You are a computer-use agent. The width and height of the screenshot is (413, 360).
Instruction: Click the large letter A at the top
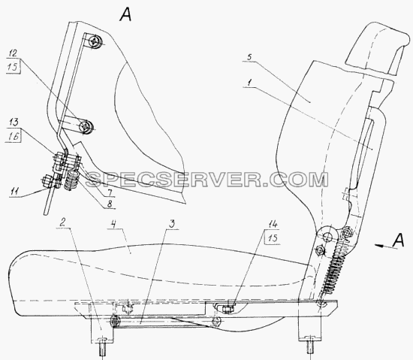[x=125, y=14]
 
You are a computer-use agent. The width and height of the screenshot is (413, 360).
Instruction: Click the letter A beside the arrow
[x=398, y=240]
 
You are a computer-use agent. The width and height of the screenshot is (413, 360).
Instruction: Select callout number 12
[x=13, y=54]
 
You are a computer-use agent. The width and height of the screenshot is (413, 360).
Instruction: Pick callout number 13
[x=14, y=123]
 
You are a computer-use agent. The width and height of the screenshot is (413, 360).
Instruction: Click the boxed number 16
[x=13, y=136]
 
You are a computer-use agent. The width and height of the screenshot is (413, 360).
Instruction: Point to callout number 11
[x=15, y=192]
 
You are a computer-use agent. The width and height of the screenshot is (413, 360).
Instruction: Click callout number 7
[x=110, y=192]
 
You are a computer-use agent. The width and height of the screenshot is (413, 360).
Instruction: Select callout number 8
[x=110, y=203]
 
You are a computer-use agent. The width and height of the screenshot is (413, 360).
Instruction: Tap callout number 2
[x=62, y=223]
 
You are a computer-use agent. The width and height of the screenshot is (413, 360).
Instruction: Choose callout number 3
[x=171, y=224]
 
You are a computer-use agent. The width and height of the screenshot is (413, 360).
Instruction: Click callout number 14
[x=273, y=224]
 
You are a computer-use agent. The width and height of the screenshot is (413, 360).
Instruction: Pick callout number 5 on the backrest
[x=250, y=56]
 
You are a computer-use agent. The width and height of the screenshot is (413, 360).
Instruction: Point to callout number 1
[x=249, y=83]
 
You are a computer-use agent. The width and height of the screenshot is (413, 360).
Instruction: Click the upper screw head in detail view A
[x=95, y=41]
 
